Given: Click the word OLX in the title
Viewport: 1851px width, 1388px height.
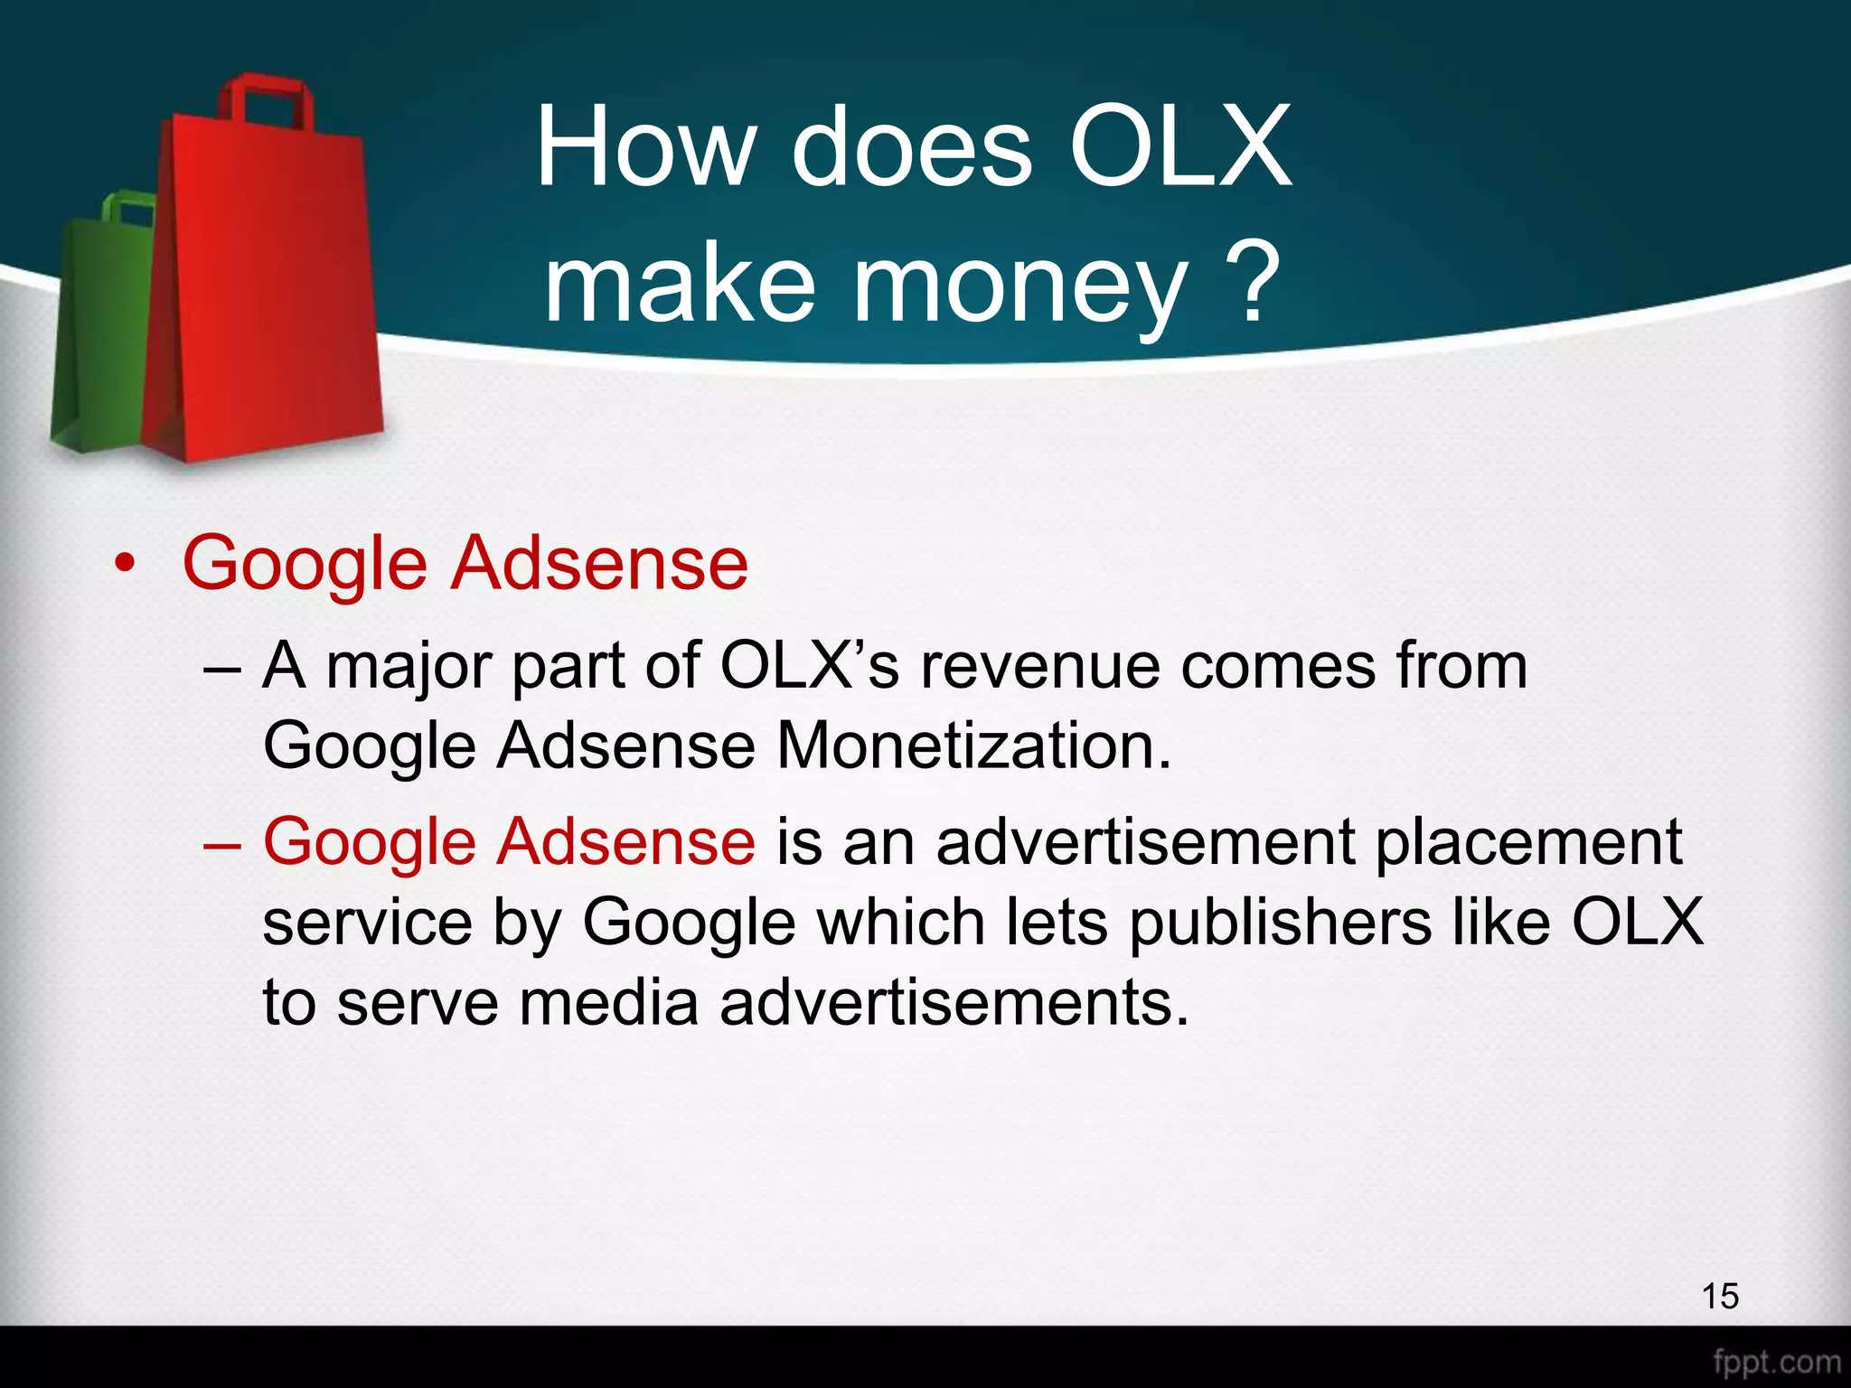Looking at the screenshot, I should click(x=1180, y=146).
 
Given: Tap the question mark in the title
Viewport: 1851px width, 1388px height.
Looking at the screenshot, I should click(x=1254, y=282).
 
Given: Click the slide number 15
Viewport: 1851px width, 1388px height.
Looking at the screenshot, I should click(x=1719, y=1296).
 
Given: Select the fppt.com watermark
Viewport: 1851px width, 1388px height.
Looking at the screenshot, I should click(x=1776, y=1361).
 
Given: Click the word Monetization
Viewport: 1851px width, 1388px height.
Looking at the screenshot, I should click(x=974, y=746).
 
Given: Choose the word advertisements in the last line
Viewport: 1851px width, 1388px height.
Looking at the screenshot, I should click(x=954, y=1003).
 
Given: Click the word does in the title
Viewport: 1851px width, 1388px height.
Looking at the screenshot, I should click(x=911, y=146).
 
